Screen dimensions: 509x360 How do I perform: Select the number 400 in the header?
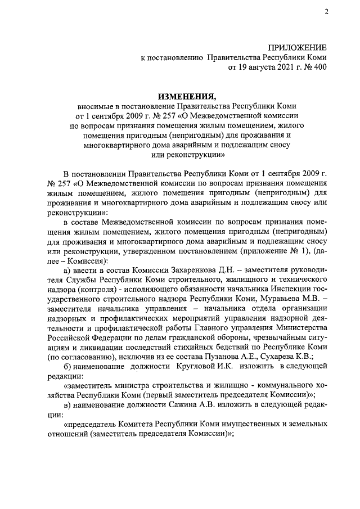click(318, 67)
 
